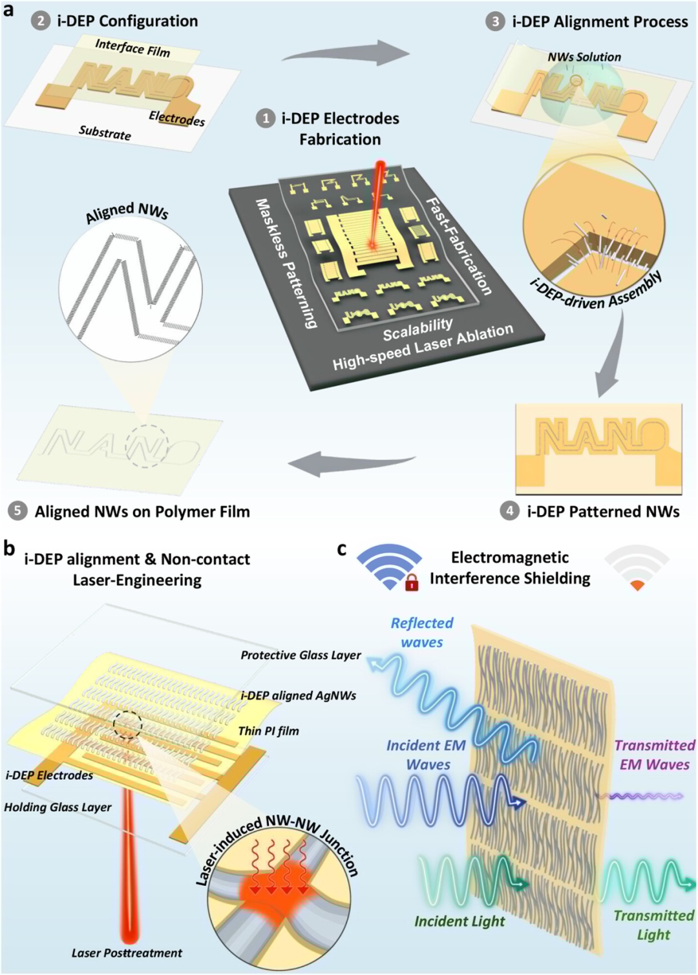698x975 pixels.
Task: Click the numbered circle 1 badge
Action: [x=266, y=118]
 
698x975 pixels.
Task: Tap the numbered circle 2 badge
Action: [x=41, y=21]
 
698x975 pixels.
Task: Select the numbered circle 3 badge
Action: [x=495, y=21]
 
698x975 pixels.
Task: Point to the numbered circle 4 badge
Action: [x=510, y=511]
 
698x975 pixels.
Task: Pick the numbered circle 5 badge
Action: [x=17, y=511]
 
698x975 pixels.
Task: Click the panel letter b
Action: [x=9, y=549]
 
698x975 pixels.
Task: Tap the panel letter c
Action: [x=342, y=549]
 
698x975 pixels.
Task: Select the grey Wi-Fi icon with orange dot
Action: [x=637, y=568]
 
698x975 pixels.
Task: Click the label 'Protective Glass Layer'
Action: [x=301, y=655]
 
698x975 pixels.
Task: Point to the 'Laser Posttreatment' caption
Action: [x=127, y=953]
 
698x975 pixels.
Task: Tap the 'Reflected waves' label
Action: [x=422, y=633]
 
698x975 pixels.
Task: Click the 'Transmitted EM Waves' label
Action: [x=654, y=755]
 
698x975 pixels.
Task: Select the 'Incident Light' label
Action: [x=460, y=921]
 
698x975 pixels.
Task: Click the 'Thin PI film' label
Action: [x=268, y=731]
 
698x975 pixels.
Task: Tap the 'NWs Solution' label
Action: [x=584, y=57]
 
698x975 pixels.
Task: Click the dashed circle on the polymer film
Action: [x=146, y=446]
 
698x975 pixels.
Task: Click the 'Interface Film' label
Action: [x=132, y=48]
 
